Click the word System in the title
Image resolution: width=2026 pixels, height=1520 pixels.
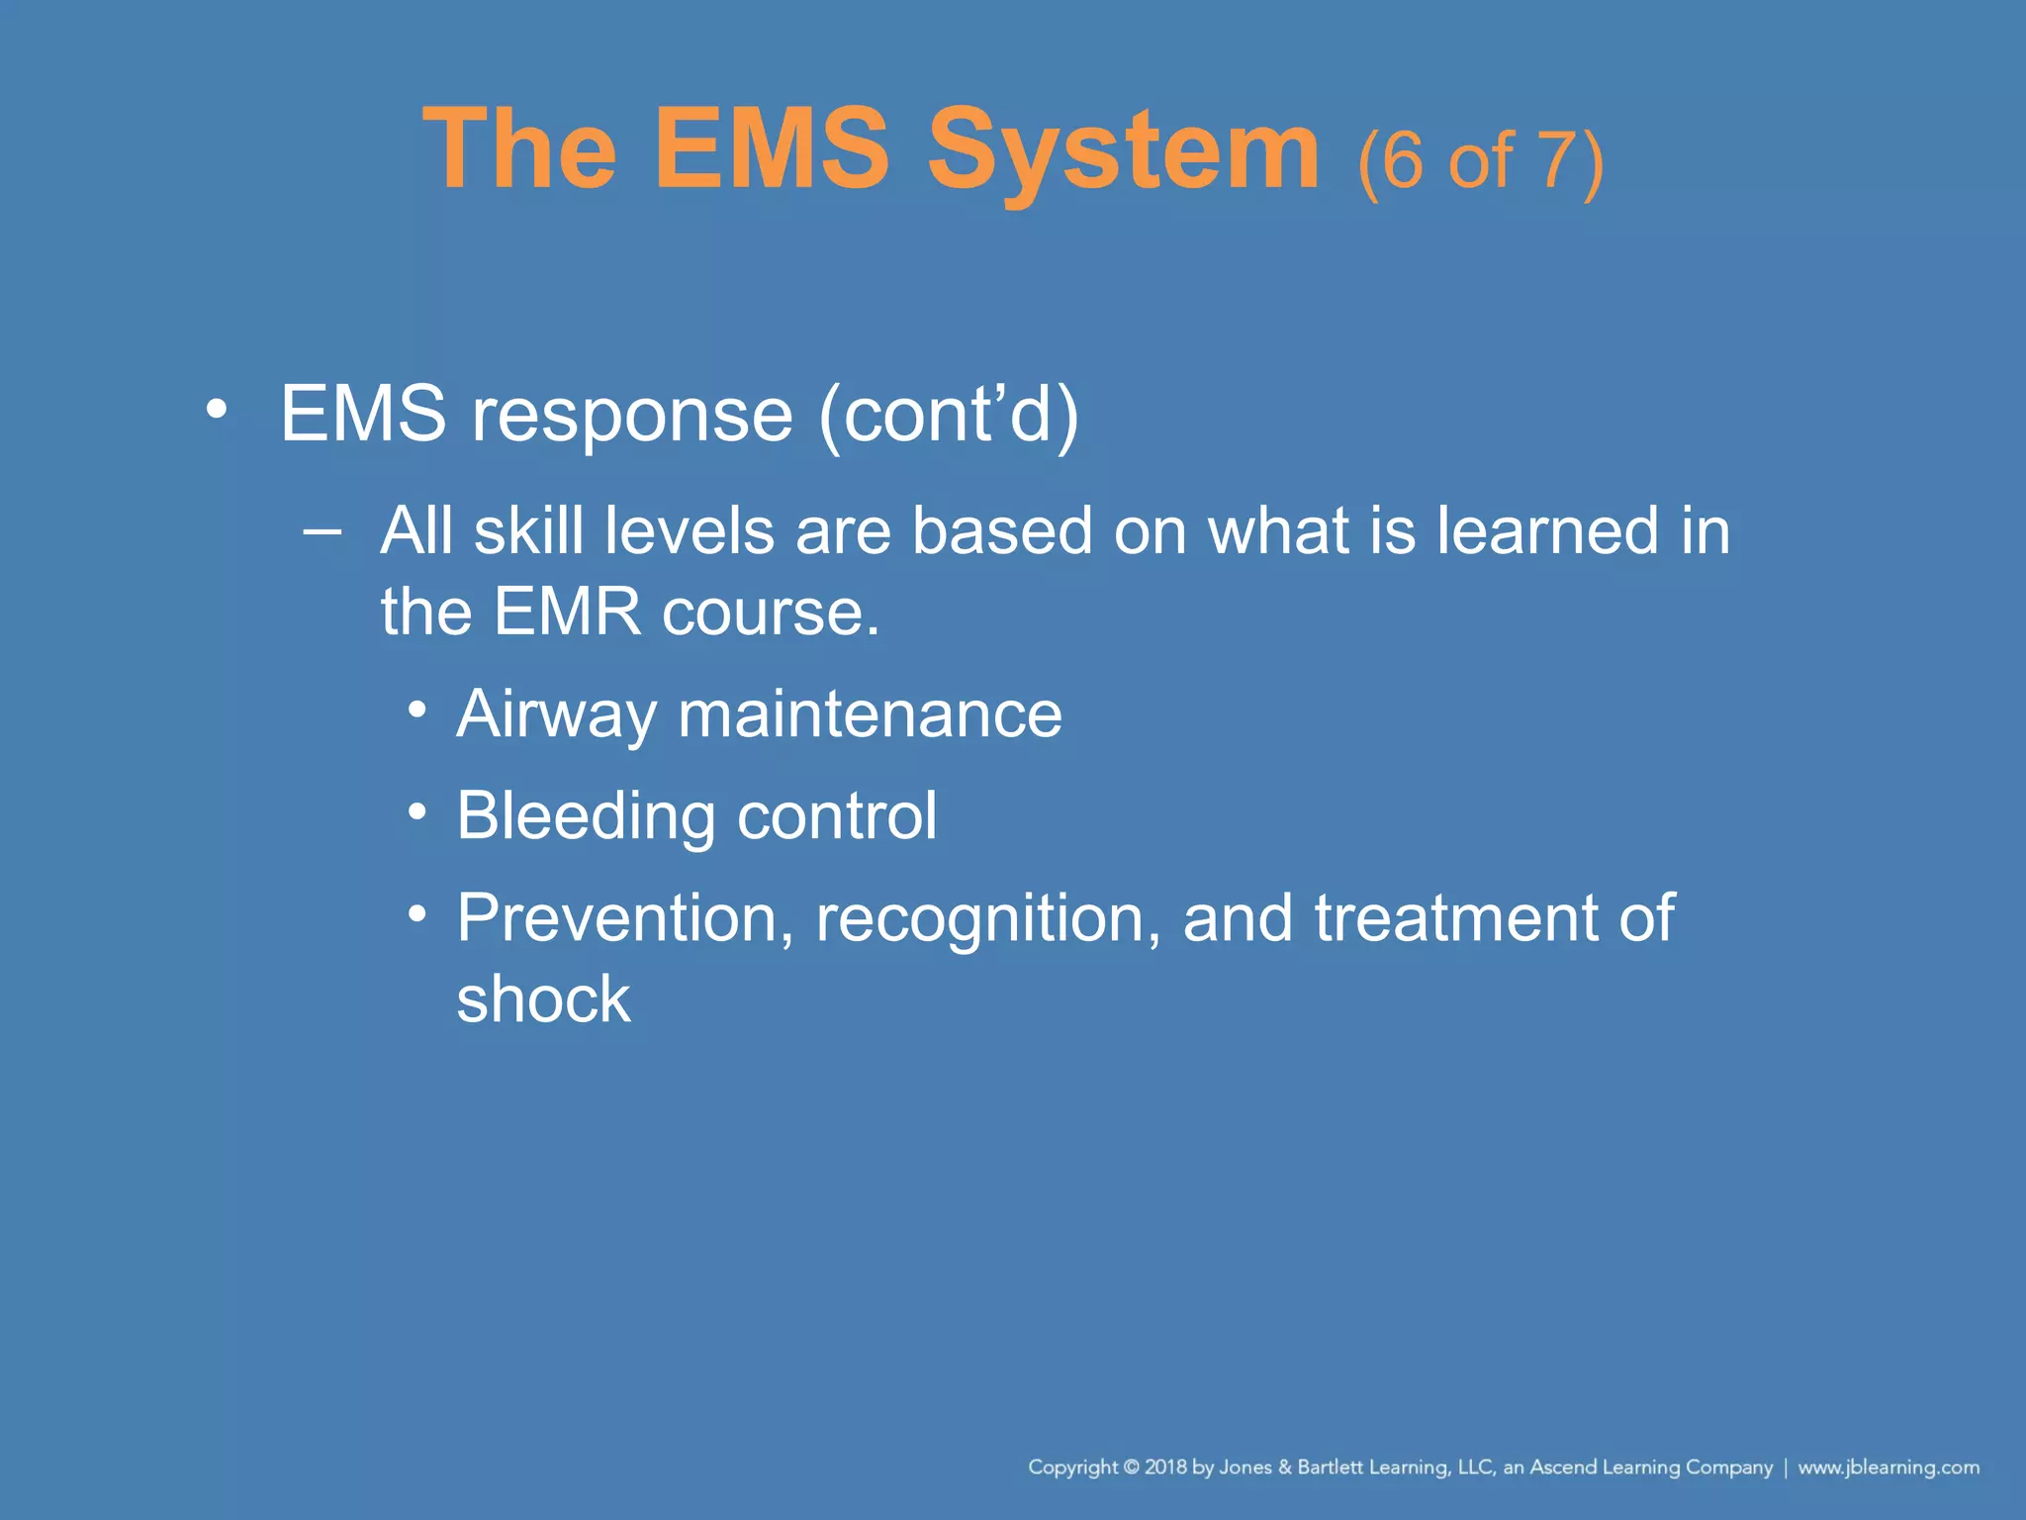pos(1123,150)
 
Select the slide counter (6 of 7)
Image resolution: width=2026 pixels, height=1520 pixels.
pos(1480,160)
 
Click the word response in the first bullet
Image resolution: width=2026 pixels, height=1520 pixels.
pos(632,414)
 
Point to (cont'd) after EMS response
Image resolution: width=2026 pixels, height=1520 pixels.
pos(948,414)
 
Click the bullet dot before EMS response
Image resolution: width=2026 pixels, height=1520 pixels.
pos(217,409)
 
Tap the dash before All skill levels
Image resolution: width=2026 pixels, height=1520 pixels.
pos(322,531)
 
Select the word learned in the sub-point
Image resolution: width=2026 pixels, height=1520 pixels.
pos(1547,531)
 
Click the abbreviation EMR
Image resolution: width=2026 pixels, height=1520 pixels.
pos(567,612)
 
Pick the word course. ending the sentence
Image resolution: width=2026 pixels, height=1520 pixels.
pos(770,614)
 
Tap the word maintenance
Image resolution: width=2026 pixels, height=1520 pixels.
pos(870,714)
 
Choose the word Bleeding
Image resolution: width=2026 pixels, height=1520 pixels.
pos(586,817)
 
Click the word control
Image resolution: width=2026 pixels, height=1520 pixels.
pos(837,816)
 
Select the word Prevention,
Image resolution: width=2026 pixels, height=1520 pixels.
pos(624,919)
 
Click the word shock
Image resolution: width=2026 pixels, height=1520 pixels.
pos(543,999)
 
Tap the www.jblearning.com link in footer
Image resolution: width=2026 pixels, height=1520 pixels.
pos(1888,1468)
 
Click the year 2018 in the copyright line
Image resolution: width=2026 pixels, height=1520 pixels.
pos(1165,1468)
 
